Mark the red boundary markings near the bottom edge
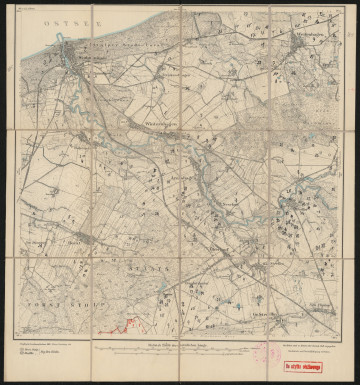[128, 322]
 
